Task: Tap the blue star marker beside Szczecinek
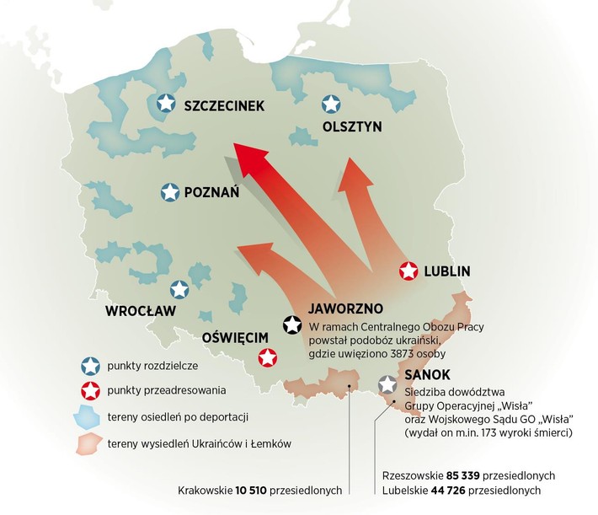click(167, 104)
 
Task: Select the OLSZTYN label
click(352, 127)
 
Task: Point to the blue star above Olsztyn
click(331, 105)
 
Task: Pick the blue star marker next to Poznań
click(170, 192)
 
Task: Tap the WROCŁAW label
click(140, 311)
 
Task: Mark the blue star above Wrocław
click(179, 290)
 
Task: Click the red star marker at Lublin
click(408, 271)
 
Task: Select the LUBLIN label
click(447, 271)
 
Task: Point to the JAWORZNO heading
click(346, 308)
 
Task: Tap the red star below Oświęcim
click(268, 358)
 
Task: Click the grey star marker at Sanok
click(387, 384)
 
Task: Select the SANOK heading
click(428, 375)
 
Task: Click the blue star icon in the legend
click(89, 365)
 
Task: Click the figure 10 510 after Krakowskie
click(246, 491)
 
